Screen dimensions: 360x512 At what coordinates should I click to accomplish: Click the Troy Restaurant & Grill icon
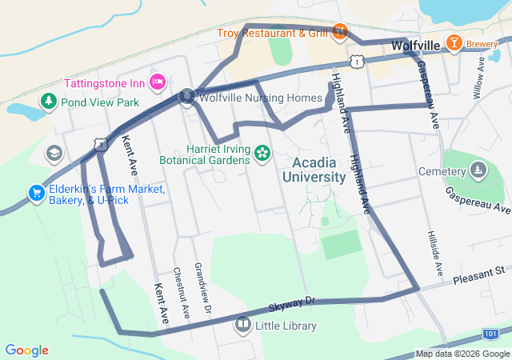coord(340,32)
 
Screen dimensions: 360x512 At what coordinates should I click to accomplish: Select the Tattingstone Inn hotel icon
coord(158,82)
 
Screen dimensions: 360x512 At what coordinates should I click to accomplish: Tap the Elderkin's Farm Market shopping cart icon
coord(36,193)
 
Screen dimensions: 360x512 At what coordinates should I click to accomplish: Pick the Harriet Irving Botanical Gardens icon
coord(262,152)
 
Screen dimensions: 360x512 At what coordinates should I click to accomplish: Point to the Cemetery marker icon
coord(478,170)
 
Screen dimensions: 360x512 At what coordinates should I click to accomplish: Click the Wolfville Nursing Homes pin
coord(187,96)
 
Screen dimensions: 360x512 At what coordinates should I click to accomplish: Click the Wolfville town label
coord(416,46)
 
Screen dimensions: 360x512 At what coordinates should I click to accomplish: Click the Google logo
coord(26,350)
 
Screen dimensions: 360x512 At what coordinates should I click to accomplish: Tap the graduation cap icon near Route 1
coord(54,153)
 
